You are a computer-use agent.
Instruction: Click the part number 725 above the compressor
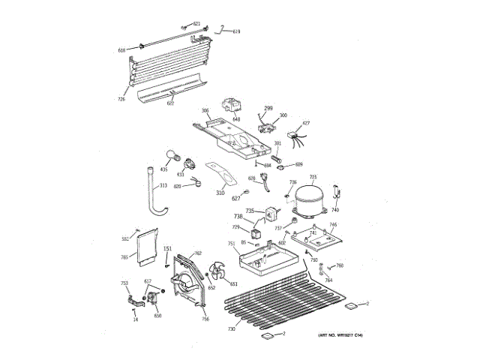313,177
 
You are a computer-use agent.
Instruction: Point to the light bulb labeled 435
173,157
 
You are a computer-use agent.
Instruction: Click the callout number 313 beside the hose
163,187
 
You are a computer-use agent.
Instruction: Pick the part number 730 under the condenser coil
232,329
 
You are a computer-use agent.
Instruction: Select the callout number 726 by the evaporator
121,98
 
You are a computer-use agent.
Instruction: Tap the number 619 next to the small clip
236,31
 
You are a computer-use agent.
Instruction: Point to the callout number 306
204,111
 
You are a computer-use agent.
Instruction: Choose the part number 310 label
220,193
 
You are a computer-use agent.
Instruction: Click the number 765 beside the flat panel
124,257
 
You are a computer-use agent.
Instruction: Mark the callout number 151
167,248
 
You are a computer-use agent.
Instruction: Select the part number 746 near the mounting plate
333,224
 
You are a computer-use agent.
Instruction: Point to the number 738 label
238,217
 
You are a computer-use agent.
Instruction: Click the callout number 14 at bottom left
136,320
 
